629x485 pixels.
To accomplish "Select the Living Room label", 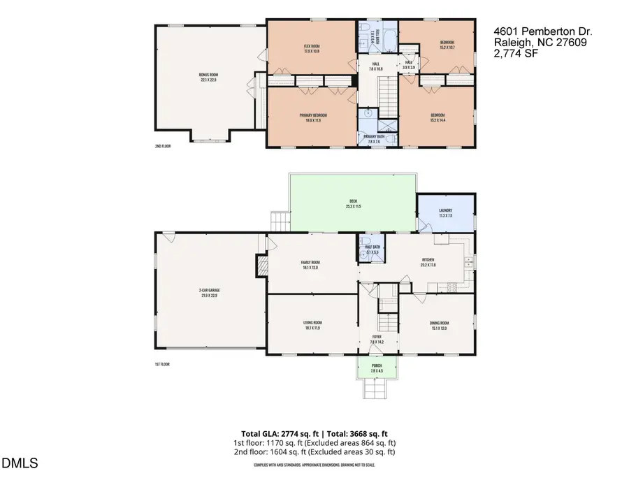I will pos(312,324).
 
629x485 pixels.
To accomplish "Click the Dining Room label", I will pos(439,324).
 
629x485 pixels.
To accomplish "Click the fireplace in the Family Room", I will pos(263,266).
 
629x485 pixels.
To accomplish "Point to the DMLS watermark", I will pos(20,463).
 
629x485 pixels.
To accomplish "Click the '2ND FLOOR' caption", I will pos(163,146).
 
